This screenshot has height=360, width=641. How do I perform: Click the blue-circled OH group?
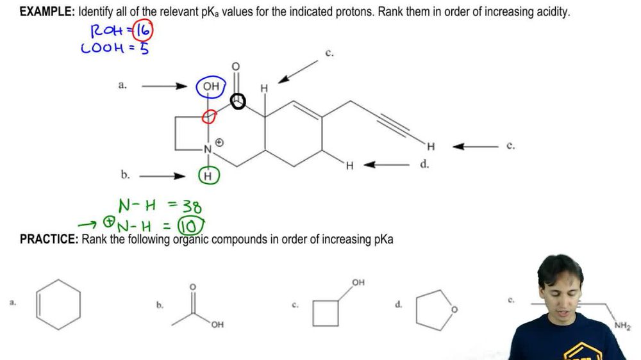click(x=211, y=86)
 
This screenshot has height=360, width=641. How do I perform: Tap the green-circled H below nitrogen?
click(x=207, y=175)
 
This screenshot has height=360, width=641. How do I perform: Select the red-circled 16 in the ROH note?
click(x=144, y=30)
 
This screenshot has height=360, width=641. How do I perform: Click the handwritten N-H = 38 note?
click(x=160, y=206)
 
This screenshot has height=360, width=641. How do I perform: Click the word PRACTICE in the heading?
click(x=49, y=240)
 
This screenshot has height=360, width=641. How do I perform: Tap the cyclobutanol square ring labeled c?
click(x=326, y=313)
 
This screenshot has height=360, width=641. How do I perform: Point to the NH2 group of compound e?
click(x=622, y=326)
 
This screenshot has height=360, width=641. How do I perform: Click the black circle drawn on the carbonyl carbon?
click(x=238, y=101)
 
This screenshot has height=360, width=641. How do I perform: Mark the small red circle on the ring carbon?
click(x=209, y=116)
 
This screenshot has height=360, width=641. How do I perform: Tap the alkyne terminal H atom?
click(x=431, y=147)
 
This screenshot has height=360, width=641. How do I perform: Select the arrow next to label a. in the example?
click(x=164, y=86)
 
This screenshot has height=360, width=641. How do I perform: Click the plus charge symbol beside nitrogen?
click(x=219, y=142)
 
